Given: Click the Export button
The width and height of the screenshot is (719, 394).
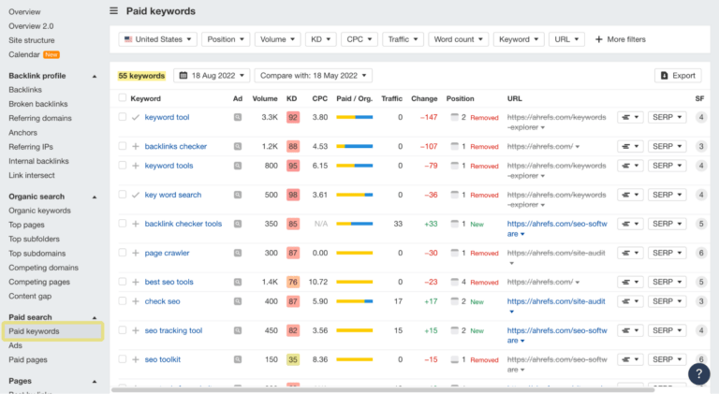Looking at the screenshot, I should tap(678, 75).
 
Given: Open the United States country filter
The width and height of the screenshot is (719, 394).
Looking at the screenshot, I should tap(158, 39).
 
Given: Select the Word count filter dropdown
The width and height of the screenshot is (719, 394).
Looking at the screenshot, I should tap(459, 39).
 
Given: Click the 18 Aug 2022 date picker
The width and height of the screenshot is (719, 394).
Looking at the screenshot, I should tap(213, 75).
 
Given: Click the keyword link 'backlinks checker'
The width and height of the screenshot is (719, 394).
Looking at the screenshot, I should tap(176, 146).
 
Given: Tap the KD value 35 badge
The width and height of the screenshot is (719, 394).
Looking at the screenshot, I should tap(293, 359).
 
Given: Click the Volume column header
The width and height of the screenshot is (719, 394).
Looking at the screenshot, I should tap(265, 97).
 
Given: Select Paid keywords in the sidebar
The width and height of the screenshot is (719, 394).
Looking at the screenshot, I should tap(34, 331).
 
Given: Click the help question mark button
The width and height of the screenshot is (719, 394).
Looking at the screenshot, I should tap(698, 373).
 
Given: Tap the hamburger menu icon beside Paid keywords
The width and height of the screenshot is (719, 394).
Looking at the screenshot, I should tap(114, 11).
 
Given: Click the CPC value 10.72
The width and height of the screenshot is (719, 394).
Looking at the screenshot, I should tap(319, 282).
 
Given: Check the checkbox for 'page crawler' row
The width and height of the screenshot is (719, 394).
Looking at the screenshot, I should tap(123, 253).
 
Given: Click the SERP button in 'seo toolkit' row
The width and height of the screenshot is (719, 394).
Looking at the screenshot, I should tap(668, 359).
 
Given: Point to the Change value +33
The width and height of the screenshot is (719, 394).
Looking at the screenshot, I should tap(431, 224).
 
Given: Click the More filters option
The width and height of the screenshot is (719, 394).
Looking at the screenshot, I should tap(620, 39).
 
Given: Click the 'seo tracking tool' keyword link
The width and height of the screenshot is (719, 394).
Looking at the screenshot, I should tap(173, 330).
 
